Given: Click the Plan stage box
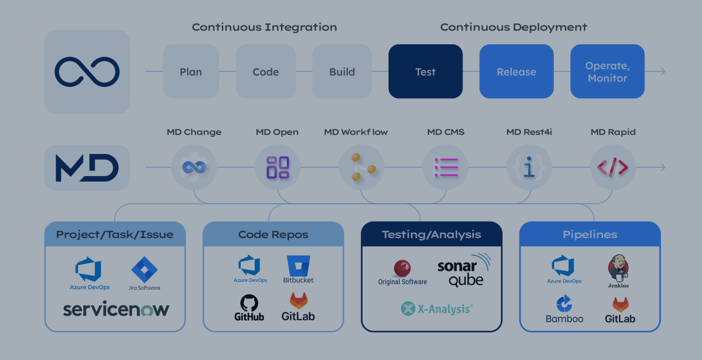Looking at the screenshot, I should [x=190, y=71].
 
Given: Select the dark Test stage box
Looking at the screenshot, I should [x=425, y=71].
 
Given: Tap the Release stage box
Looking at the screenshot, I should [x=516, y=71].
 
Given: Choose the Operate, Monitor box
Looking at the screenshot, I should [x=607, y=71].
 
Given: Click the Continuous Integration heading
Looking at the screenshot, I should [x=264, y=27].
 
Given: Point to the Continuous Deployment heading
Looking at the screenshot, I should [x=513, y=27].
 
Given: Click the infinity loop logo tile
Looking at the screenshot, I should [x=87, y=72].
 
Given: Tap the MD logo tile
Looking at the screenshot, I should [x=87, y=167].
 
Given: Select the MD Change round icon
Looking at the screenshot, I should [x=194, y=167].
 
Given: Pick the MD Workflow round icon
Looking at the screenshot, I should [x=362, y=167].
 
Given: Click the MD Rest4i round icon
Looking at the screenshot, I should [x=529, y=167].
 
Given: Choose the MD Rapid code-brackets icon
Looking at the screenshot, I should [x=612, y=167].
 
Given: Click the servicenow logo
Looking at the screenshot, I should [x=116, y=309].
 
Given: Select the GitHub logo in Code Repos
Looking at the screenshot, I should [x=249, y=308].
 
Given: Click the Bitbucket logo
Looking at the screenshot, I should [x=298, y=269].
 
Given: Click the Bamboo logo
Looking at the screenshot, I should [x=564, y=310].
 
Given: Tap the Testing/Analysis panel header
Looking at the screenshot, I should [x=431, y=234].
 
